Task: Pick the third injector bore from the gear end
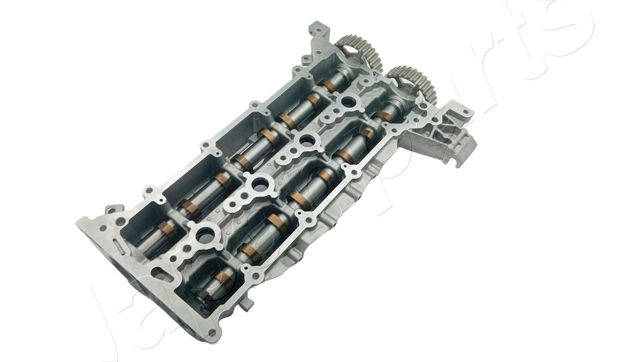[x=257, y=184]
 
